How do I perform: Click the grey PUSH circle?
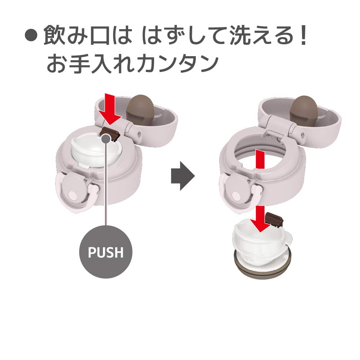coord(105,252)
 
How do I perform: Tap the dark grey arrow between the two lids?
coord(183,176)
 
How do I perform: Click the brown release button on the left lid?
coord(111,133)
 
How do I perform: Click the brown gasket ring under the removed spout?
coord(263,267)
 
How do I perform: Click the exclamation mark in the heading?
coord(303,35)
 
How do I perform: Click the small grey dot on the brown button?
coord(106,139)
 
